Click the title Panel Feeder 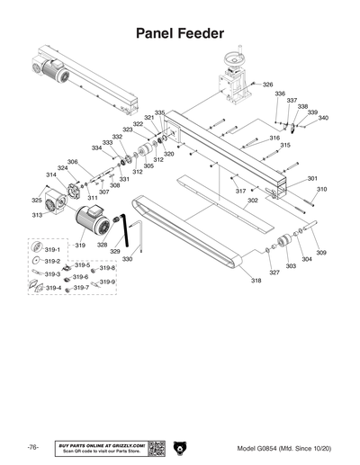pos(179,33)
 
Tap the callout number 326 pos(267,85)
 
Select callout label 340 pos(323,118)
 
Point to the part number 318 pos(256,282)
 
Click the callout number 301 pos(312,178)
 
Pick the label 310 pos(321,190)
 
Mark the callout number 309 pos(320,253)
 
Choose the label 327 pos(274,273)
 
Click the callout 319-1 pos(52,249)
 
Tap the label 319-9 pos(107,282)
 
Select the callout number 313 pos(38,216)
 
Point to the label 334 pos(96,148)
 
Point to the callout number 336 pos(280,94)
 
